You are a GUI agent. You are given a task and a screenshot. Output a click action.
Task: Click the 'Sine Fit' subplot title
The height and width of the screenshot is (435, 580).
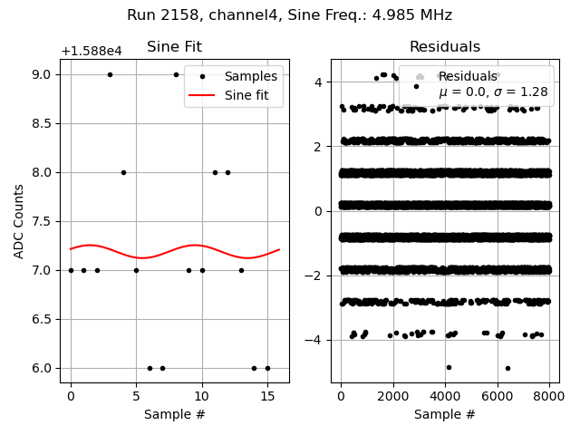174,47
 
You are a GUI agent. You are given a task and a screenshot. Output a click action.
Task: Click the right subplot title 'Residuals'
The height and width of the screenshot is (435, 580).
444,47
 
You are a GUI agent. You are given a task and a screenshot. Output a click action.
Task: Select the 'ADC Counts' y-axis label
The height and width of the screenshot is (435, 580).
19,221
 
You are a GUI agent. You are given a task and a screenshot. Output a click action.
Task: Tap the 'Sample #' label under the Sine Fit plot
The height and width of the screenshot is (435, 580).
174,414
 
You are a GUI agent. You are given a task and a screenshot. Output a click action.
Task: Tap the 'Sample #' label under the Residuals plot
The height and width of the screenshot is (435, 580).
444,414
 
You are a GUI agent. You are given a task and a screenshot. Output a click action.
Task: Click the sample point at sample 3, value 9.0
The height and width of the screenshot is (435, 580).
110,74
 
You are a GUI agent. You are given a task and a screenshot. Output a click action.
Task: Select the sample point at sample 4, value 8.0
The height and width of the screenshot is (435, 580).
123,172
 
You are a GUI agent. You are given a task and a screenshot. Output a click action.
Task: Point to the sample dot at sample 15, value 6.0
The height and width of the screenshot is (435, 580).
267,368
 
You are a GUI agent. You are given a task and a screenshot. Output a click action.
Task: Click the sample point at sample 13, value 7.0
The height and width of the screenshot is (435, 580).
241,270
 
